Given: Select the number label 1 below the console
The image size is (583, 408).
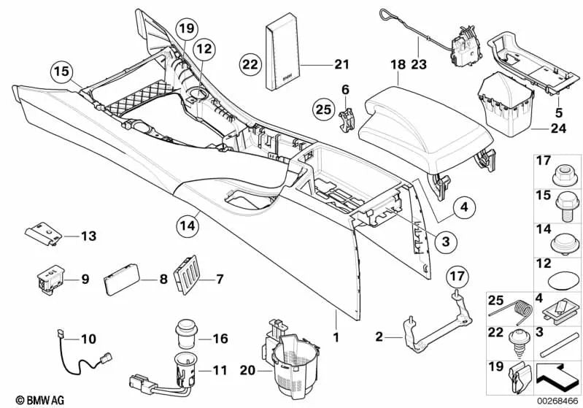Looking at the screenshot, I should coord(336,337).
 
